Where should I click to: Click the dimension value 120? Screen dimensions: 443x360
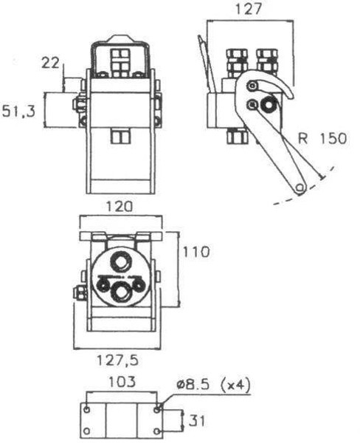tap(120, 207)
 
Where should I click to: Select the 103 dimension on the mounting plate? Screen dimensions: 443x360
tap(120, 382)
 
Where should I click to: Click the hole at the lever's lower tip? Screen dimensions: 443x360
tap(300, 188)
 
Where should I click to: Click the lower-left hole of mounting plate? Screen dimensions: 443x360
tap(88, 431)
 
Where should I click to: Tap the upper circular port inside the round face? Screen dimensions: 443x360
tap(120, 262)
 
